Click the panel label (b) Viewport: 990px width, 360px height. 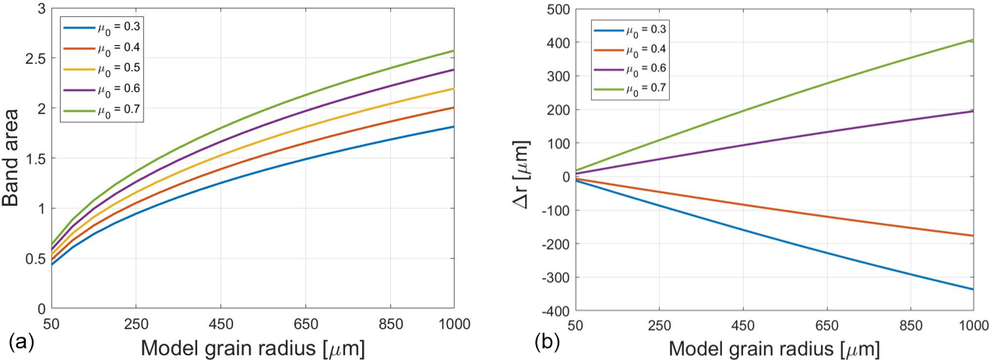[x=544, y=341]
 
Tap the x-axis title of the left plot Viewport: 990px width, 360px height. [x=242, y=345]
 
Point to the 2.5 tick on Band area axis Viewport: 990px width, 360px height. [x=31, y=58]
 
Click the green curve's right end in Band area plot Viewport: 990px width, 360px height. [x=453, y=51]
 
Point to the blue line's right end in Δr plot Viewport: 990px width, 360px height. [x=972, y=289]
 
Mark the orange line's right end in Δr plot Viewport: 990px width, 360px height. [x=972, y=235]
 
